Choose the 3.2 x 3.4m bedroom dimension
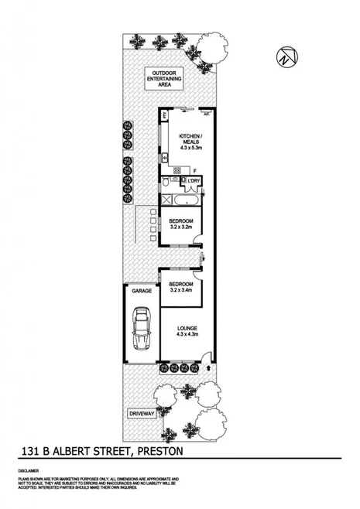[183, 290]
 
